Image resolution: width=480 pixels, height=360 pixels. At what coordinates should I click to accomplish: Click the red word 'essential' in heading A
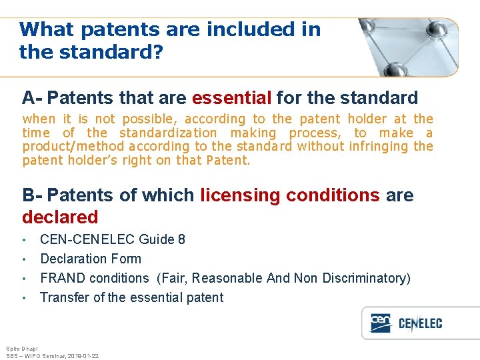pyautogui.click(x=231, y=99)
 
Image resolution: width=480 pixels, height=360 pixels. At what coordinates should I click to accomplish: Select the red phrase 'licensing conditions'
pyautogui.click(x=290, y=195)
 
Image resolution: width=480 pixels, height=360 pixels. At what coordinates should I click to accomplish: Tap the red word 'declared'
pyautogui.click(x=60, y=217)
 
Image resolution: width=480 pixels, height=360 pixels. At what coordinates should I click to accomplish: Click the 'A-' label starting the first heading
pyautogui.click(x=32, y=99)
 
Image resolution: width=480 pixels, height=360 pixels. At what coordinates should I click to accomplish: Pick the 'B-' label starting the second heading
pyautogui.click(x=32, y=195)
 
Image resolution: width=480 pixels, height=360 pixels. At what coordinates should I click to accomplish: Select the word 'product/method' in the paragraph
pyautogui.click(x=73, y=147)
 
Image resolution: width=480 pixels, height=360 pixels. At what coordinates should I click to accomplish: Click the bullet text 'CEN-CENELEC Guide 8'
pyautogui.click(x=113, y=239)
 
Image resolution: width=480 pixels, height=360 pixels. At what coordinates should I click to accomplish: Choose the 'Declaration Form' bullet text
pyautogui.click(x=91, y=259)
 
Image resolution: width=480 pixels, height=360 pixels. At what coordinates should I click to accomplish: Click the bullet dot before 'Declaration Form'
pyautogui.click(x=24, y=259)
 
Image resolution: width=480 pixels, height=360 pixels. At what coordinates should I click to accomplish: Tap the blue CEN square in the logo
pyautogui.click(x=381, y=323)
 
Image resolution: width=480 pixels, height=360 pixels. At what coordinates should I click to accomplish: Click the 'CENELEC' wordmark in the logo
pyautogui.click(x=420, y=324)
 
